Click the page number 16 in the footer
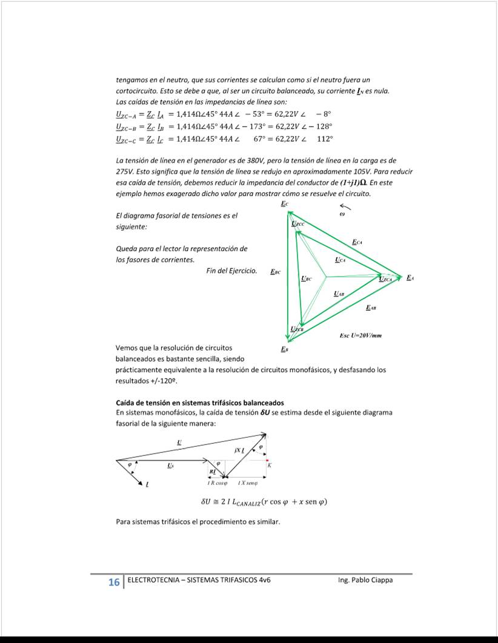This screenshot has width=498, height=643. pos(113,582)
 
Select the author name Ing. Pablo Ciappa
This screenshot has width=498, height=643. pos(365,580)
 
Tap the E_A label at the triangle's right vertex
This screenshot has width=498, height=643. pos(410,278)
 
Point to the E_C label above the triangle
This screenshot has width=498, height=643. pos(285,204)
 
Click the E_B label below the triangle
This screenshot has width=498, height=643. pos(284,349)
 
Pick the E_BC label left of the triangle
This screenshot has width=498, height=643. pos(275,272)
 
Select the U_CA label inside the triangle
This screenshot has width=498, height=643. pos(340,260)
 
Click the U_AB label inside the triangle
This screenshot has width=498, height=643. pos(339,294)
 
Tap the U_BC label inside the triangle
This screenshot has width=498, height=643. pos(307,279)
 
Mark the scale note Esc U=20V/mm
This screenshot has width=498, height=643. pos(360,335)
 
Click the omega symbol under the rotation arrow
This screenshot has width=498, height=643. pos(342,214)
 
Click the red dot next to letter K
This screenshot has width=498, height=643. pos(267,460)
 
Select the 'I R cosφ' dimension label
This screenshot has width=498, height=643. pos(217,483)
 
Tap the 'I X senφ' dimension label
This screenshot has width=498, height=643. pos(248,483)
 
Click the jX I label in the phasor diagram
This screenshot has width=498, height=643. pos(239,451)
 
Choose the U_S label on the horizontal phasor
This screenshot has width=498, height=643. pos(170,466)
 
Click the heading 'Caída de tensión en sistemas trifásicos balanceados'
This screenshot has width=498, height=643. pos(199,403)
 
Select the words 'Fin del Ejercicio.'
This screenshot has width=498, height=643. pos(231,271)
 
